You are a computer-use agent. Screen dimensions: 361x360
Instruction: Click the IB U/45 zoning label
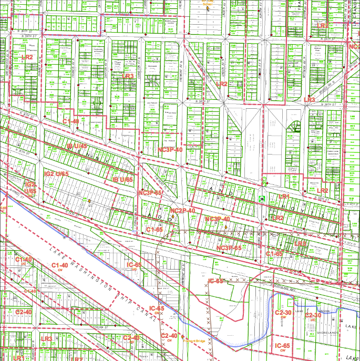coord(77,147)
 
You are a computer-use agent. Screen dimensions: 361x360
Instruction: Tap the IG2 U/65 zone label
coord(57,173)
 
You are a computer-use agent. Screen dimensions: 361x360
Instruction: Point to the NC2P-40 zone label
coord(183,211)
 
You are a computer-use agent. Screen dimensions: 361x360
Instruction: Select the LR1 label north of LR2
coord(284,196)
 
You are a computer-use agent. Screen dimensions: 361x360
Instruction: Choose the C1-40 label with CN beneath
coord(62,265)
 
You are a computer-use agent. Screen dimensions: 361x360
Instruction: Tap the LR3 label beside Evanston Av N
coord(128,77)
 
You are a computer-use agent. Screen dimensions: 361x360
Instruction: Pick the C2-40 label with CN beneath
coord(169,336)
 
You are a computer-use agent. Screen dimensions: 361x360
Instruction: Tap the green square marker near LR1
coord(261,199)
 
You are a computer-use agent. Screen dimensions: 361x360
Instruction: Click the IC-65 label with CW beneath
coord(283,346)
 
